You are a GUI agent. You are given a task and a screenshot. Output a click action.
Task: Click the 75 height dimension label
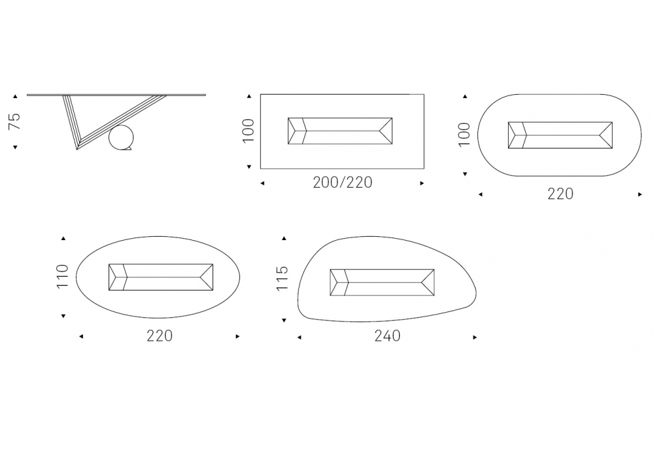point(14,121)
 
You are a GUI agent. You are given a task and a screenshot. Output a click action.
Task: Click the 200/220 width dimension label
point(343,183)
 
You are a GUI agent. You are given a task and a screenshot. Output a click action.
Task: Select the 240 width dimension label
point(387,336)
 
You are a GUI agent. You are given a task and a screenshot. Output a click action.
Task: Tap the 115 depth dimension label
point(283,278)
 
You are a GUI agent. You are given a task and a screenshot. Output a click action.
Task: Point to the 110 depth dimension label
point(62,276)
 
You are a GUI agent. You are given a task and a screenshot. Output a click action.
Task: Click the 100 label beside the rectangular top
point(248,130)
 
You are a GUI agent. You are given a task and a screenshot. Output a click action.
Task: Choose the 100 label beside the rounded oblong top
point(464,135)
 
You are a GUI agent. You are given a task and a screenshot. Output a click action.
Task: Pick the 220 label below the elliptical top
point(160,336)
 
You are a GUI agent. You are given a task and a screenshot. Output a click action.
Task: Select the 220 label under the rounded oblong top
point(560,194)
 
